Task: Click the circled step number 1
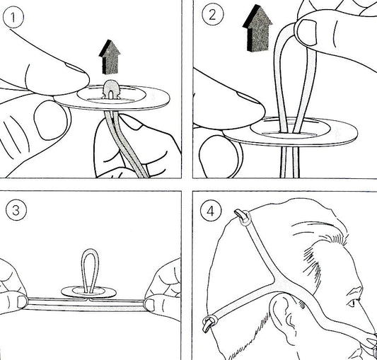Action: pos(13,17)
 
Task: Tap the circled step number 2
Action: pos(212,15)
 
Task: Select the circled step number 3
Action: pos(16,210)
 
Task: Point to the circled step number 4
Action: pos(210,211)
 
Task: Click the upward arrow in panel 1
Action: pos(110,57)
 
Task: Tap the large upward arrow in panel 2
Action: pos(257,28)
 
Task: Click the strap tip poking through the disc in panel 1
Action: pos(111,89)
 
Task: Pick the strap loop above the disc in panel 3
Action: pos(90,271)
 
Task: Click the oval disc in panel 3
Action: pos(88,292)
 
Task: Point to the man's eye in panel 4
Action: pos(352,303)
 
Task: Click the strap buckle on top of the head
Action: pos(243,217)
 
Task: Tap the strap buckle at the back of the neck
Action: pos(209,324)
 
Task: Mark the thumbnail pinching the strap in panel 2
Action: pos(307,33)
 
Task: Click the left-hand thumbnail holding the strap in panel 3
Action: pos(22,302)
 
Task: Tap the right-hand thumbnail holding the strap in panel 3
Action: pos(150,305)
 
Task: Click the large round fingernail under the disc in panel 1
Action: pos(51,120)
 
